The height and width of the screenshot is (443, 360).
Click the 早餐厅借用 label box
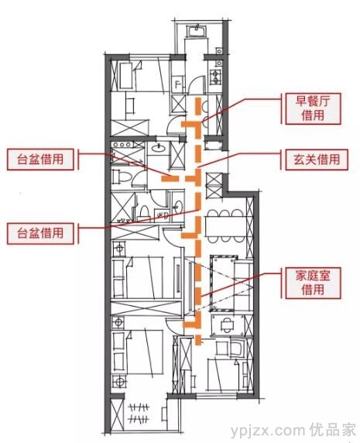[x=313, y=108]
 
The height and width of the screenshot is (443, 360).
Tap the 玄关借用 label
[x=317, y=160]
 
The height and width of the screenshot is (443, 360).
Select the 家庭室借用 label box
[x=313, y=283]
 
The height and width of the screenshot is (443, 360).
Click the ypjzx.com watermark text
[x=268, y=431]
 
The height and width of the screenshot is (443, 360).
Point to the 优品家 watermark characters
[x=332, y=431]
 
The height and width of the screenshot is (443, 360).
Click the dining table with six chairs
[x=225, y=226]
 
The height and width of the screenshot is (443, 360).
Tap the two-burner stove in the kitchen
[x=216, y=77]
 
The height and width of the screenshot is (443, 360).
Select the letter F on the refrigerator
[x=178, y=84]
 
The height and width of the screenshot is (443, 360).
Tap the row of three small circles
[x=122, y=145]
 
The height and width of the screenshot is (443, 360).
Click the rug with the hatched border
[x=224, y=283]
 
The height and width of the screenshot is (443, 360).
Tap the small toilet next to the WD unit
[x=144, y=212]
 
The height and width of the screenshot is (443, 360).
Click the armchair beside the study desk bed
[x=237, y=348]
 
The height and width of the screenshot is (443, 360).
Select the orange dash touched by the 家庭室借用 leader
[x=199, y=296]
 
